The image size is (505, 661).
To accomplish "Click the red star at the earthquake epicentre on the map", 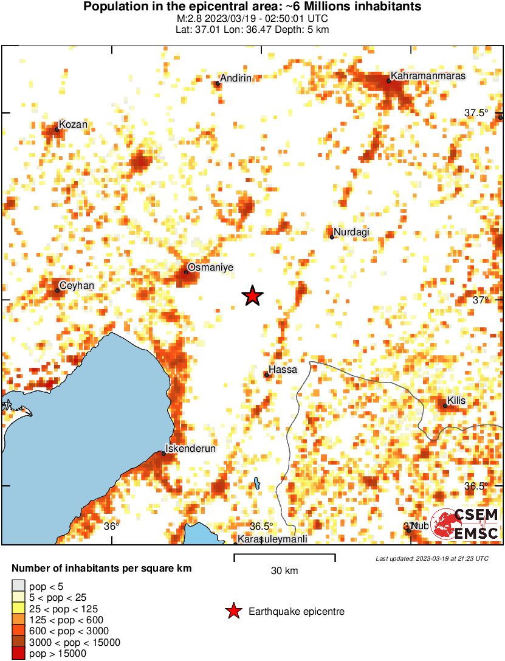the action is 252,296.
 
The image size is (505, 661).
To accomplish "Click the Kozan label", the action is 74,125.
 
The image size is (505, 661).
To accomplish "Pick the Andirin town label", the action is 236,78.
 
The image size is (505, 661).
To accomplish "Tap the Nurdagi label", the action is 352,232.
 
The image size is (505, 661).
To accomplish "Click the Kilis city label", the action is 456,401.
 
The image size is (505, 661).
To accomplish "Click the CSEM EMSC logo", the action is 465,524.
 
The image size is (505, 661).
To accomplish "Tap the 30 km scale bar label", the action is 284,570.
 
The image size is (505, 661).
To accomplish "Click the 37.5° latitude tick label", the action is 476,112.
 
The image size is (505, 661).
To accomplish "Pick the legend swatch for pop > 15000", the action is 18,654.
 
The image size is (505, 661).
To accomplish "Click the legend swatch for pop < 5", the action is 18,587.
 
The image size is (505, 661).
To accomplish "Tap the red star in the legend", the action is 232,611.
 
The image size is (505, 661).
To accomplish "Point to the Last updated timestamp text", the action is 431,558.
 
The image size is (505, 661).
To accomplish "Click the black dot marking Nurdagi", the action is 332,237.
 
